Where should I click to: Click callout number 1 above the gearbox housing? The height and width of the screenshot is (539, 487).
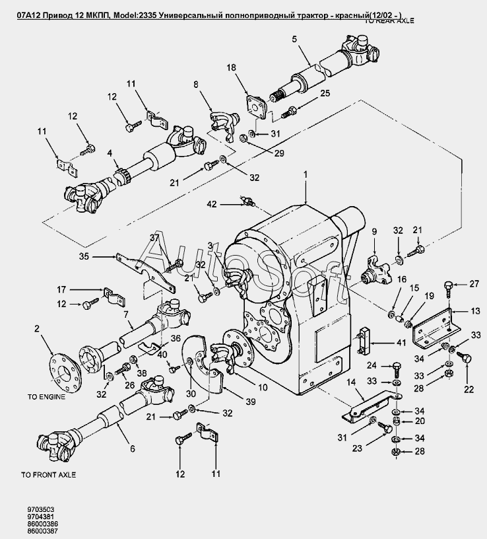pyautogui.click(x=305, y=174)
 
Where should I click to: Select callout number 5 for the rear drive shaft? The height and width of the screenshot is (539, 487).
pyautogui.click(x=294, y=39)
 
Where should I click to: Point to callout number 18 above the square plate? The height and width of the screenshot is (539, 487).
pyautogui.click(x=232, y=68)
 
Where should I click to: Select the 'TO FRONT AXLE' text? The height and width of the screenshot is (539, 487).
pyautogui.click(x=49, y=475)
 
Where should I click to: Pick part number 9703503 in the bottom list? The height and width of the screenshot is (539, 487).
pyautogui.click(x=40, y=509)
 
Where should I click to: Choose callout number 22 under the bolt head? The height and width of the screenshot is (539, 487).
pyautogui.click(x=469, y=389)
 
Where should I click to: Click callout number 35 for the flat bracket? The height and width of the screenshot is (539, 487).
pyautogui.click(x=102, y=256)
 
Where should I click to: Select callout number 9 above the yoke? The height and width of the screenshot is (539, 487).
pyautogui.click(x=373, y=231)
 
